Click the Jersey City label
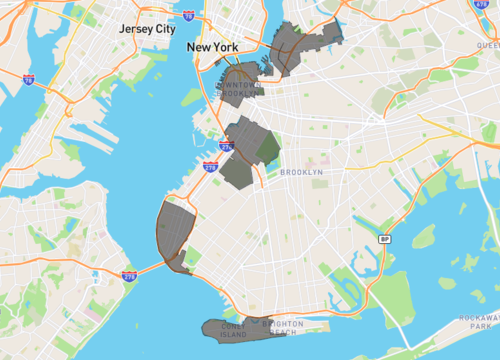click(146, 29)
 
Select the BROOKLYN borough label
click(301, 172)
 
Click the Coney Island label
click(233, 329)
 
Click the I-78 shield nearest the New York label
click(217, 17)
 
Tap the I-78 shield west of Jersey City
click(27, 79)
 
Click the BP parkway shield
click(384, 238)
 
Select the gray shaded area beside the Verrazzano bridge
click(172, 230)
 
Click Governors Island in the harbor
click(191, 96)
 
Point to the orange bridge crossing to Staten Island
click(150, 267)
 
